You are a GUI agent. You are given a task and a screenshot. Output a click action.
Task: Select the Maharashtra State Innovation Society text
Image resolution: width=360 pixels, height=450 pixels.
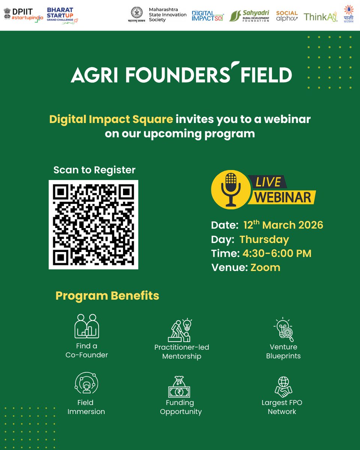[x=167, y=15]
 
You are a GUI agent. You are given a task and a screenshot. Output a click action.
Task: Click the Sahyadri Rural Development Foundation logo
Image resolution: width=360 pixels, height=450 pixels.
[x=249, y=15]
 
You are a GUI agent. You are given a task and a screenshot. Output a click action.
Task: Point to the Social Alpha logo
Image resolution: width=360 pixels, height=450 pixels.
[x=287, y=15]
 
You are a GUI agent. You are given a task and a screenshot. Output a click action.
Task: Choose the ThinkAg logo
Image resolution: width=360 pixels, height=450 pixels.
[x=321, y=16]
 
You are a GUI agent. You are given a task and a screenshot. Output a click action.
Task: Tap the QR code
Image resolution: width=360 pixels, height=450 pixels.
[x=93, y=224]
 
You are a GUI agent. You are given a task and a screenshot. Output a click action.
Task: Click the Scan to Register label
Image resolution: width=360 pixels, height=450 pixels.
[x=94, y=170]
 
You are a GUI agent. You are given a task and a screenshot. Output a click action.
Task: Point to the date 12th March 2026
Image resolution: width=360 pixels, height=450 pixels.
[x=283, y=225]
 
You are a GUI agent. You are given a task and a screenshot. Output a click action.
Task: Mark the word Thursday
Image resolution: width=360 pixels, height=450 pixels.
[x=264, y=240]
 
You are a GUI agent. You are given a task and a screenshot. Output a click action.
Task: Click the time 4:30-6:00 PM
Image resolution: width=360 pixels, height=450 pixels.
[x=277, y=253]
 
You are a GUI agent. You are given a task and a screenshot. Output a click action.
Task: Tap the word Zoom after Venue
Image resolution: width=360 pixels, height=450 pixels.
[x=265, y=267]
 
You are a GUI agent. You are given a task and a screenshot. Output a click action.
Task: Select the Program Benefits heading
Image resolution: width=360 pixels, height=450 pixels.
[x=107, y=295]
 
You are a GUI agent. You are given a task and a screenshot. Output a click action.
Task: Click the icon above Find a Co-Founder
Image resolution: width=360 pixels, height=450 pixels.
[x=87, y=326]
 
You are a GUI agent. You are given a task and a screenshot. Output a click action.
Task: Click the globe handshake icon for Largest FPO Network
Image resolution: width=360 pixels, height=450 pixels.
[x=282, y=386]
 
